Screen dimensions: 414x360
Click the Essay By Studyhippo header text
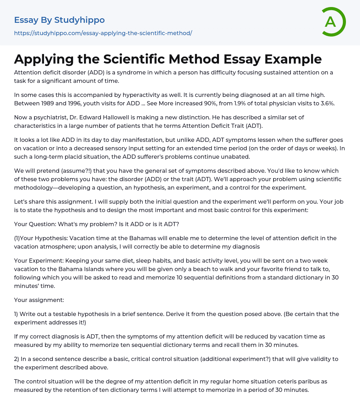59,20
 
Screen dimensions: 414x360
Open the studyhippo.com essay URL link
103,33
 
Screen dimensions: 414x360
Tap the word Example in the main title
293,59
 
